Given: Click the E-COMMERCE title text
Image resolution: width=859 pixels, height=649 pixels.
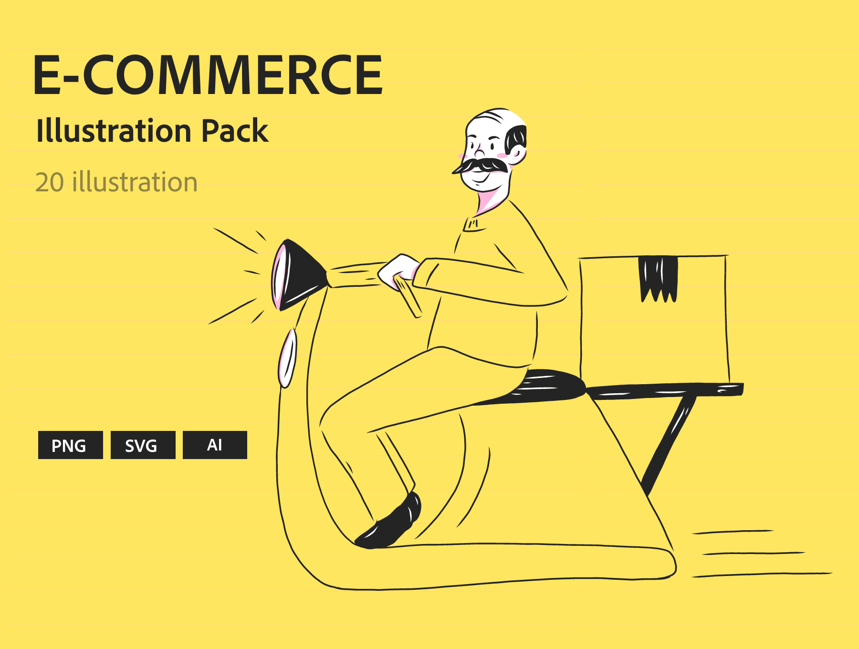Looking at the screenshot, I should pyautogui.click(x=208, y=75).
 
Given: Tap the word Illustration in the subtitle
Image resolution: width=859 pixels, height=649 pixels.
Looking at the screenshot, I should pyautogui.click(x=114, y=131).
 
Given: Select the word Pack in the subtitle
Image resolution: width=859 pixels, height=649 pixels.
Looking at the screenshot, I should pyautogui.click(x=235, y=131).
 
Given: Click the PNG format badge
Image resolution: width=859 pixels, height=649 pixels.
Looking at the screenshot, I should pyautogui.click(x=70, y=445).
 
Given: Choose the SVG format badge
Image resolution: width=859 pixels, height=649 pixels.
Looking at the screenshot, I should pyautogui.click(x=143, y=445).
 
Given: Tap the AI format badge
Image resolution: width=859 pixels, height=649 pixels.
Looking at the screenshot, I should pyautogui.click(x=215, y=445).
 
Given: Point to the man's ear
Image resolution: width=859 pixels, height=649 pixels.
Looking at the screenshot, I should pyautogui.click(x=517, y=152).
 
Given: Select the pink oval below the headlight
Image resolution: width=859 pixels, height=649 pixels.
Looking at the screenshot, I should pyautogui.click(x=287, y=358).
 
